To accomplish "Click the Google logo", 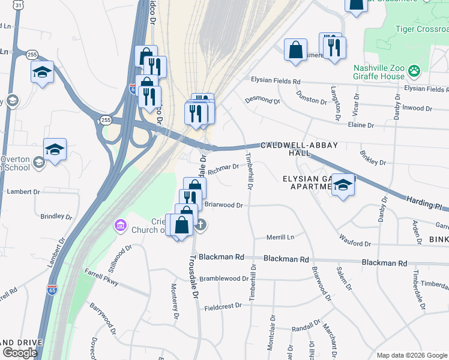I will click(x=20, y=352).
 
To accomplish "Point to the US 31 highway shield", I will click(x=19, y=5).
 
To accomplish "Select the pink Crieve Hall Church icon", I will click(x=121, y=226).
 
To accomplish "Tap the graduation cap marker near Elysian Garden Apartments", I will click(x=343, y=185).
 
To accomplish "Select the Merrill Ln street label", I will click(x=281, y=238).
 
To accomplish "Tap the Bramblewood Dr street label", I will click(x=224, y=278).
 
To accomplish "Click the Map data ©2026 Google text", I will click(x=411, y=355).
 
